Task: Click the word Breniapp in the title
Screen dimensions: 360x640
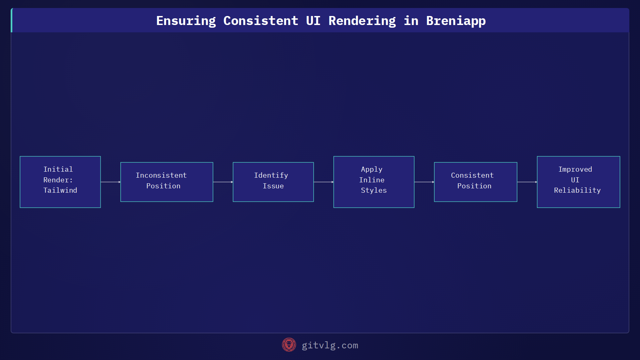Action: (x=456, y=21)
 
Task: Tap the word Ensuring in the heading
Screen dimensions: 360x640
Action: (x=186, y=21)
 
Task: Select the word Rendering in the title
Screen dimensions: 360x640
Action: (x=362, y=21)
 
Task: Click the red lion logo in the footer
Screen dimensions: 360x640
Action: (x=289, y=345)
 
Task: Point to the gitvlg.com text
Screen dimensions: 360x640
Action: (x=330, y=345)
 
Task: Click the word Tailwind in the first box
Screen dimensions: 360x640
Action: (x=60, y=190)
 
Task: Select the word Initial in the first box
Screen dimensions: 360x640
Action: (x=58, y=169)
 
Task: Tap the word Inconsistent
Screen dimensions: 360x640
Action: (x=161, y=175)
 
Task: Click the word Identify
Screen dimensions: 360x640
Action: (x=271, y=175)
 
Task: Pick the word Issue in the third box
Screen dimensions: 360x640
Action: (x=273, y=186)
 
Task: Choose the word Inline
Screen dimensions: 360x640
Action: (x=372, y=180)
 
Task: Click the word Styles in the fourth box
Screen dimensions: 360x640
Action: (x=374, y=190)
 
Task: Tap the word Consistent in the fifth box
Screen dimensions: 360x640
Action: (x=472, y=175)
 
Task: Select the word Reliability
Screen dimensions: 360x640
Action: (x=577, y=190)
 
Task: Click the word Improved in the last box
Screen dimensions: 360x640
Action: (x=575, y=169)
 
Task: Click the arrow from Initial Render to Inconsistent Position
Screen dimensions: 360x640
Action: (x=110, y=182)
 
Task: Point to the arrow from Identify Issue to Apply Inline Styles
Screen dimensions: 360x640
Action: (x=323, y=182)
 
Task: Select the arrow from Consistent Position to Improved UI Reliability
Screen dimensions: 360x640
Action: (x=527, y=182)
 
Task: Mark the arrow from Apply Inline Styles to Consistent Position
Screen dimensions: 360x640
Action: (x=424, y=182)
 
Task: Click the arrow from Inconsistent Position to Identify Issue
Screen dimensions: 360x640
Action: (x=223, y=182)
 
